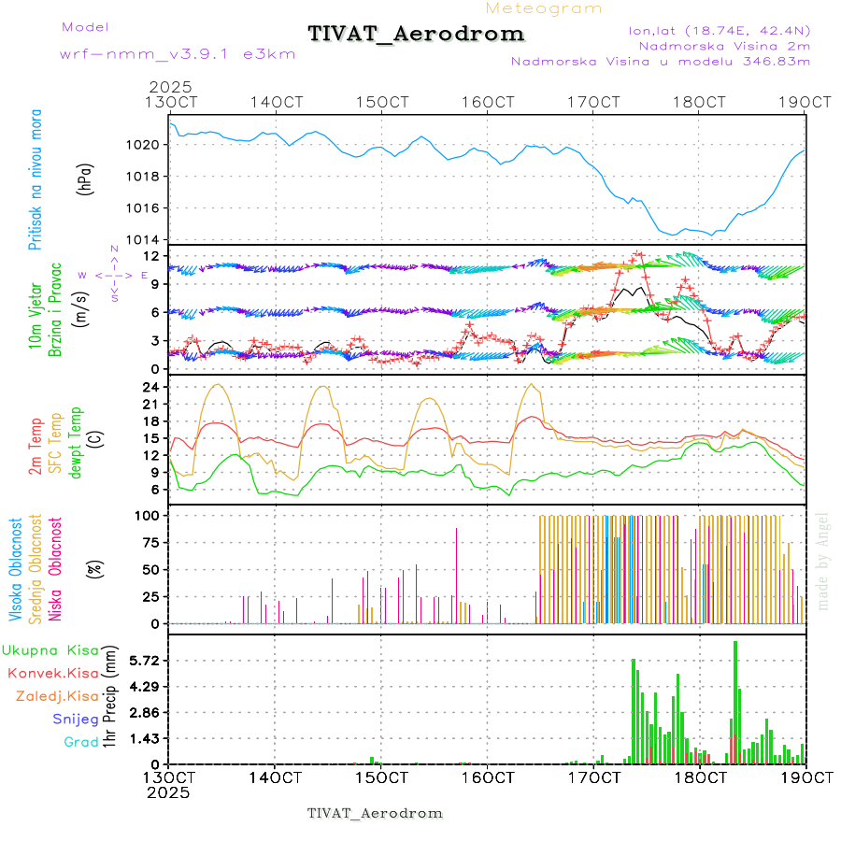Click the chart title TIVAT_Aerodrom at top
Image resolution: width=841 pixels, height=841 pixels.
pos(416,34)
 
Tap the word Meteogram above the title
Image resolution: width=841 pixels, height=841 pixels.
pos(544,8)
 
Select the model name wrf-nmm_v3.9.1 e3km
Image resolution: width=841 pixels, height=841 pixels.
pos(178,54)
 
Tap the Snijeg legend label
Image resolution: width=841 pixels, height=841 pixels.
pos(69,720)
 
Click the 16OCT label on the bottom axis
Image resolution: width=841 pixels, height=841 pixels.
pos(487,777)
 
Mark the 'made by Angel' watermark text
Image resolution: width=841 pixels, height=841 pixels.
pos(823,561)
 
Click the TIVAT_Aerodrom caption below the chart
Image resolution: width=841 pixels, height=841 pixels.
pos(375,813)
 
